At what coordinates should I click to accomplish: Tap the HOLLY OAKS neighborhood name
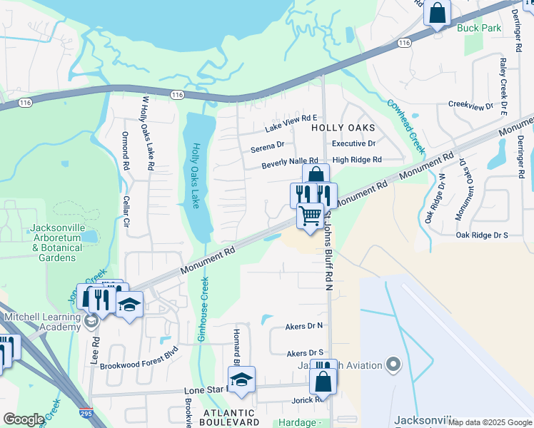click(x=343, y=127)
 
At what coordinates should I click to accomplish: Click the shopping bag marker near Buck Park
click(x=437, y=13)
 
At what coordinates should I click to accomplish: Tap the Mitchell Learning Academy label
click(x=41, y=322)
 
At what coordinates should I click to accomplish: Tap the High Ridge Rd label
click(x=357, y=160)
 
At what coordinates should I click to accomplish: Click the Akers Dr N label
click(x=304, y=325)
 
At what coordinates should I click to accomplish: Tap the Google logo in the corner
click(x=23, y=419)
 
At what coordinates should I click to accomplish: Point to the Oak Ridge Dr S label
click(x=482, y=235)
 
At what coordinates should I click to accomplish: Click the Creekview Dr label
click(x=471, y=105)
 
